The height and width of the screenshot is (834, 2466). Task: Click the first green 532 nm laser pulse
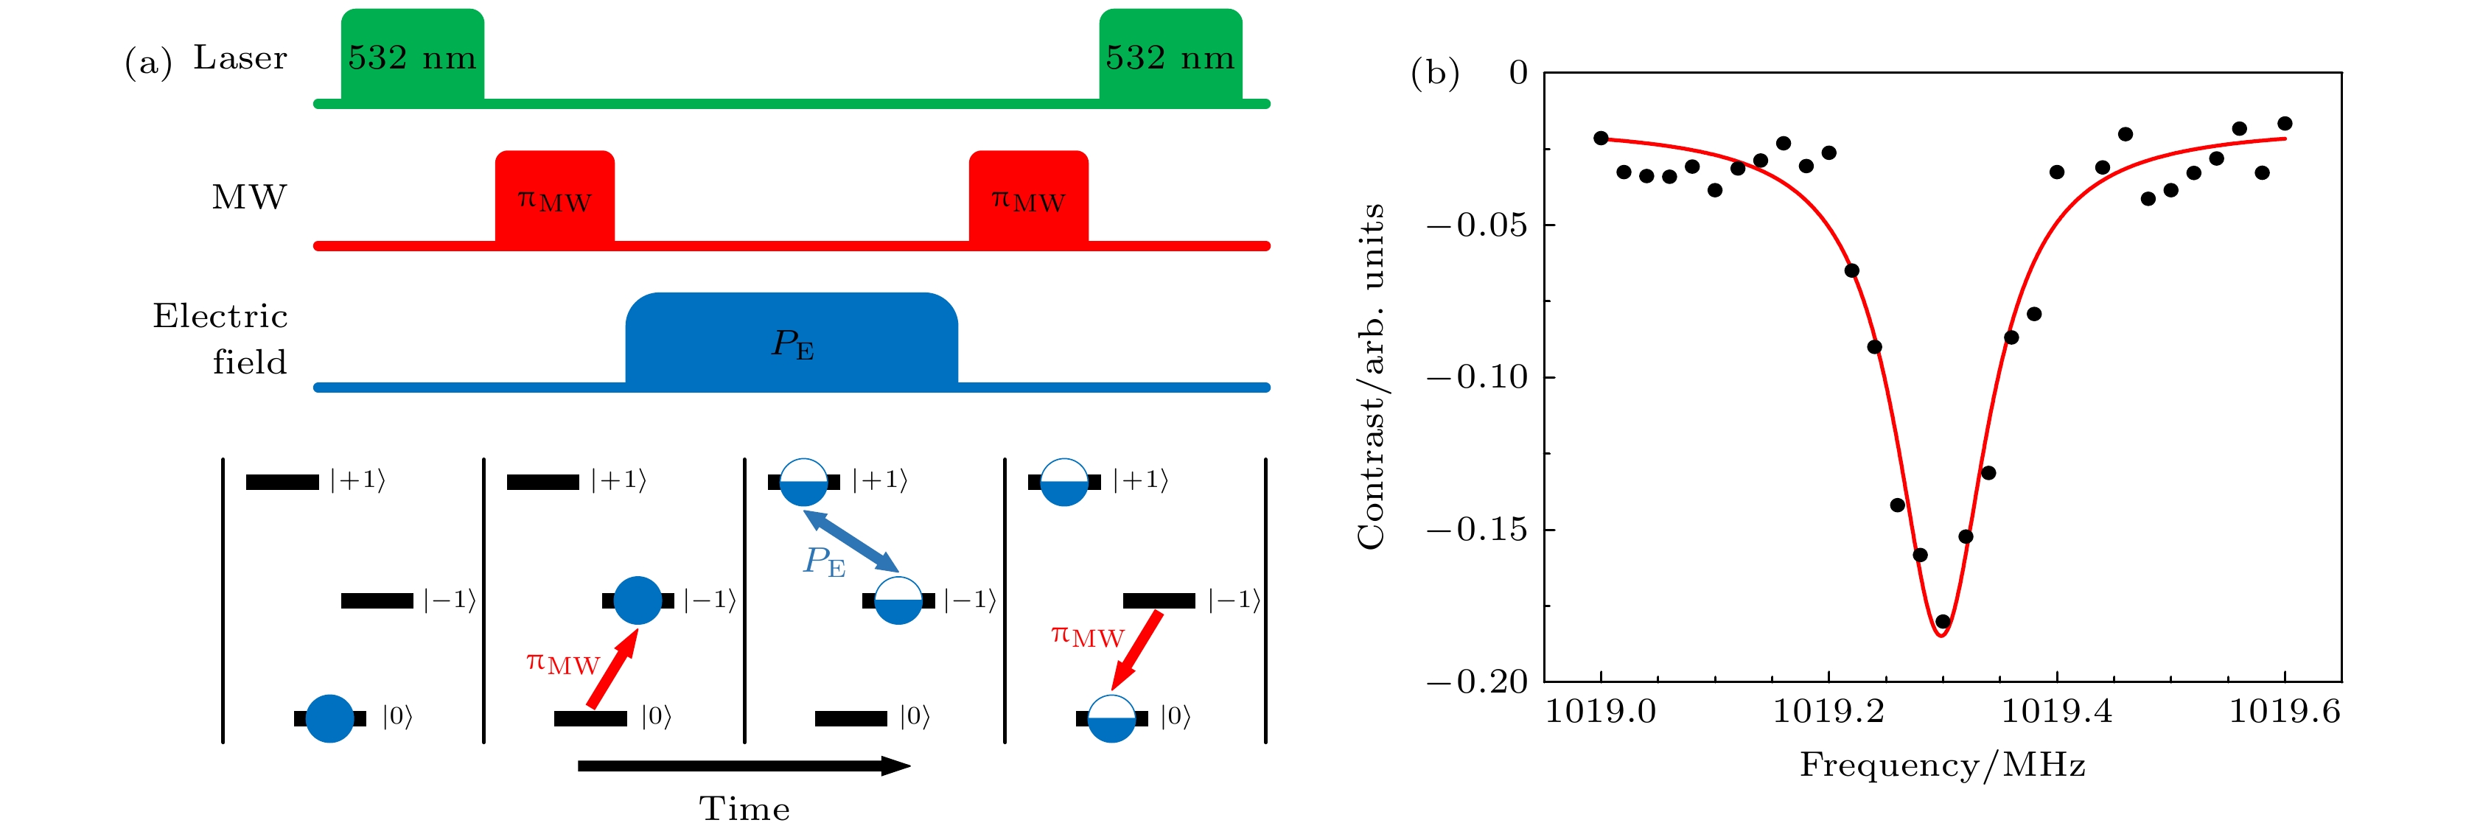coord(413,55)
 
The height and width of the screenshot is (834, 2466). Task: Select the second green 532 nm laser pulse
coord(1171,55)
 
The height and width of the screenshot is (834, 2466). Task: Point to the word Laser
coord(240,57)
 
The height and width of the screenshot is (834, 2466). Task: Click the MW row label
coord(249,197)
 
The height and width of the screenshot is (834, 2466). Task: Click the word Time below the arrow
coord(745,809)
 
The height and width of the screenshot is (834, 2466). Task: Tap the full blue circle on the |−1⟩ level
coord(638,600)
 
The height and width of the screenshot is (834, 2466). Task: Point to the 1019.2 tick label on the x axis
coord(1828,712)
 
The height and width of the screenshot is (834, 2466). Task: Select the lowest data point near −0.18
coord(1942,621)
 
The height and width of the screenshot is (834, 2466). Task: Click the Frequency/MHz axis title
coord(1942,765)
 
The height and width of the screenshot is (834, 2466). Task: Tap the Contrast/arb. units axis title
coord(1371,376)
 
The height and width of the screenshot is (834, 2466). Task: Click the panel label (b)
coord(1435,74)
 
